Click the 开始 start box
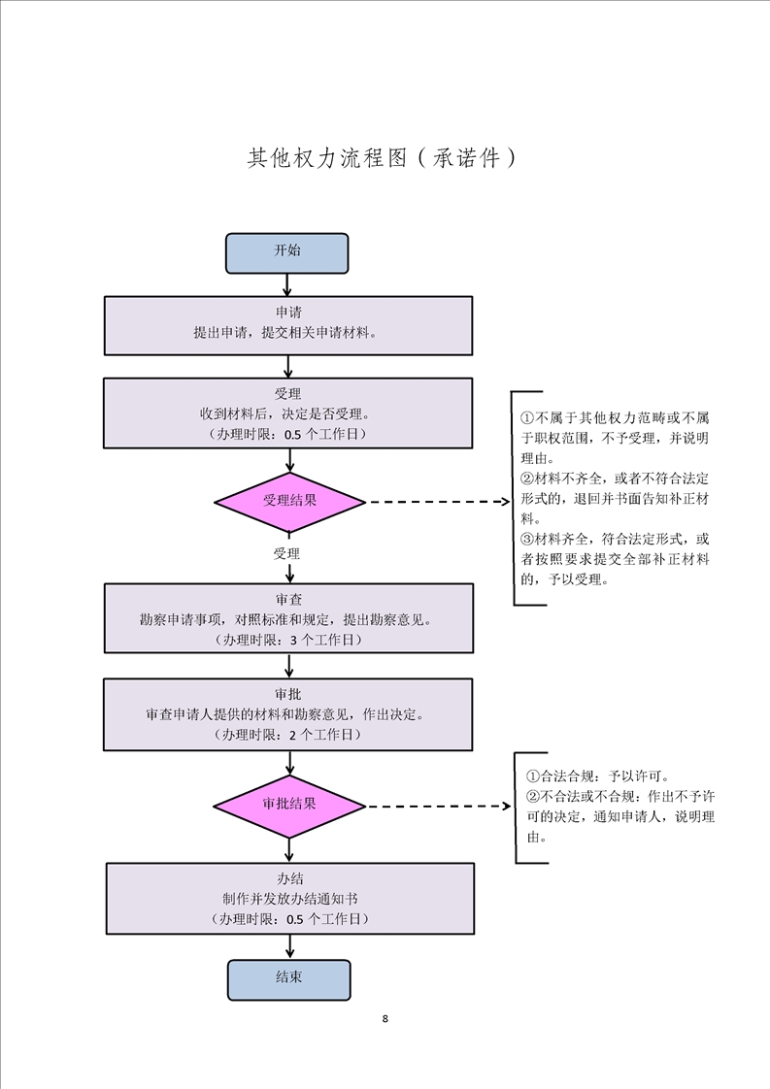point(286,252)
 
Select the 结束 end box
point(288,979)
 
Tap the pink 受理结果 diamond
point(289,502)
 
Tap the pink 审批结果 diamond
point(289,805)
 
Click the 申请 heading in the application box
point(288,313)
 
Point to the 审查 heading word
point(288,600)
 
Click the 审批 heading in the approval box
point(288,694)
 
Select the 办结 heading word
point(289,877)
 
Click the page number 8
point(385,1019)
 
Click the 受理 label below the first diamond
point(286,554)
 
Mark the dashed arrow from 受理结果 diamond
point(437,503)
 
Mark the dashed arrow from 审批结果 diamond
point(437,806)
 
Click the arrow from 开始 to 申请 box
point(287,284)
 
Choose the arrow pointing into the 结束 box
point(289,947)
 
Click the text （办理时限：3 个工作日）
point(288,641)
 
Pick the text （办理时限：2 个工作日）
point(288,735)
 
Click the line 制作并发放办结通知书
point(289,898)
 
